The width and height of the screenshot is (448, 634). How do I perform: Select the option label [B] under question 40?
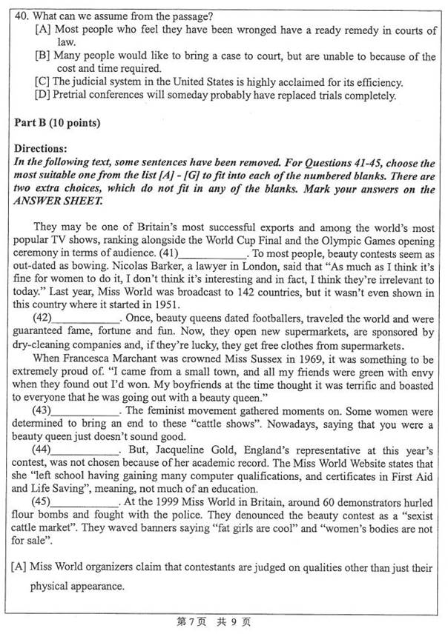click(42, 56)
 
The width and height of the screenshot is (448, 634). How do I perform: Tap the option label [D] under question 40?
click(42, 95)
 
